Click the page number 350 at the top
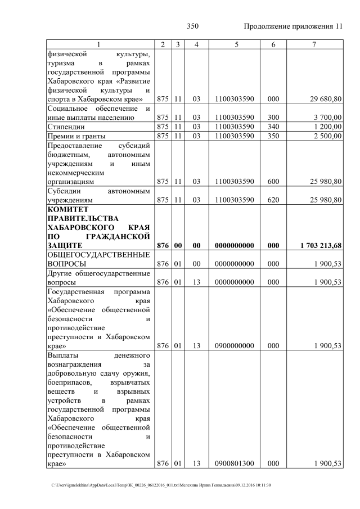point(192,26)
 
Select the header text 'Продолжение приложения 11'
point(293,26)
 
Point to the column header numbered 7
point(314,44)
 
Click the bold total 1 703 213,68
point(317,245)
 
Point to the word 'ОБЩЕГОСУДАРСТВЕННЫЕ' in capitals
point(99,254)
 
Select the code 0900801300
point(234,463)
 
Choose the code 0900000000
point(234,346)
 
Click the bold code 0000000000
point(234,245)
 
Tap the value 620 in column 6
point(273,200)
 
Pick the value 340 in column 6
point(273,127)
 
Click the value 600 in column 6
point(273,182)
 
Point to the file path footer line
point(162,485)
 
